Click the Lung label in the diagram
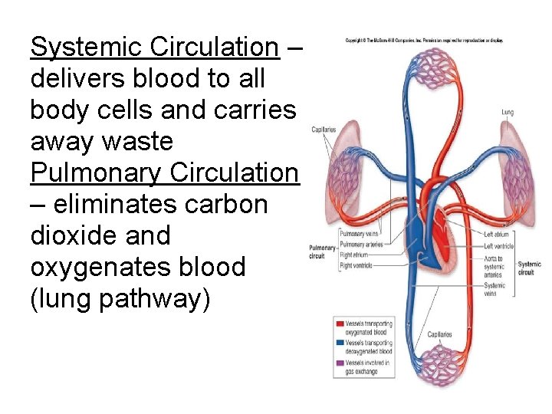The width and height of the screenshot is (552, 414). [508, 113]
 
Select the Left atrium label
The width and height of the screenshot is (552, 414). [499, 235]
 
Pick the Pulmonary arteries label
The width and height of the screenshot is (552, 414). [360, 245]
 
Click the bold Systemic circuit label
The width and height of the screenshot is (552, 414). [529, 268]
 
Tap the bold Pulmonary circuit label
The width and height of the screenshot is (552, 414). [323, 252]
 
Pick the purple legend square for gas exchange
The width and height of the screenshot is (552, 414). [338, 362]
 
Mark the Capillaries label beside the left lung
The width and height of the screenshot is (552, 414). [324, 130]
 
